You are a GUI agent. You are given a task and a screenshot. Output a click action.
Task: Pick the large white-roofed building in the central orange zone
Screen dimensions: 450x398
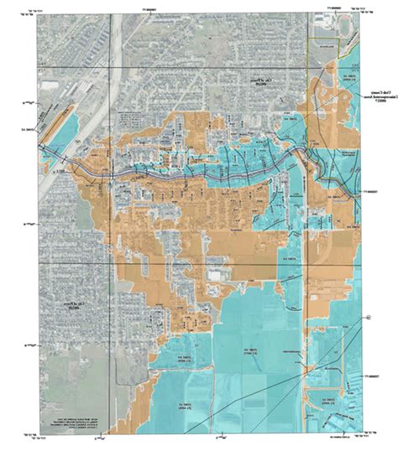coord(217,274)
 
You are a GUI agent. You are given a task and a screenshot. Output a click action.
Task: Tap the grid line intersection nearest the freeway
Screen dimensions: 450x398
coord(107,66)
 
